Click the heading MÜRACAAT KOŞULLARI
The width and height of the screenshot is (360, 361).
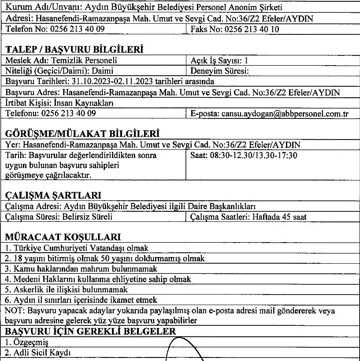click(x=63, y=237)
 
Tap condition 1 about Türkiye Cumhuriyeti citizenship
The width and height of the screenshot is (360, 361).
click(x=77, y=248)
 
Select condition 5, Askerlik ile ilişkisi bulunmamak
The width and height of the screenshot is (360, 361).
click(x=67, y=290)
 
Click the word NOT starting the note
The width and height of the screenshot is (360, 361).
click(x=13, y=311)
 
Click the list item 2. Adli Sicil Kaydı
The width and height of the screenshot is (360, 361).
click(x=37, y=352)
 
